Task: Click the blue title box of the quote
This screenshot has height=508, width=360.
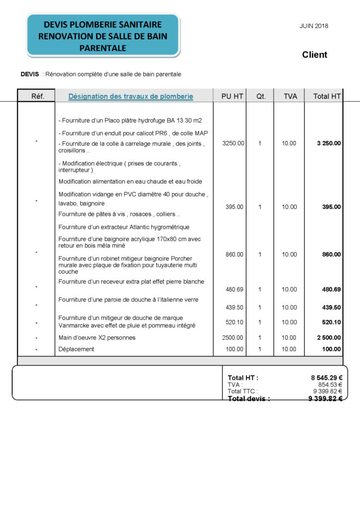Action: (103, 36)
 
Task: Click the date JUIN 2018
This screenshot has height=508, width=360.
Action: (314, 26)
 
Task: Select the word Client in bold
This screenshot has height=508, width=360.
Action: (314, 55)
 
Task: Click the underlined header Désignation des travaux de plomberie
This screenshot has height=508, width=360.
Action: (131, 96)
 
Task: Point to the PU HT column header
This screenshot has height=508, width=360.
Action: (232, 96)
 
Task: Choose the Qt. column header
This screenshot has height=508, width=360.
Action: (261, 96)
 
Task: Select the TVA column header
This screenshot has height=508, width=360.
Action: (290, 96)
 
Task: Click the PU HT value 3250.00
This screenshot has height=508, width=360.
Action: (233, 143)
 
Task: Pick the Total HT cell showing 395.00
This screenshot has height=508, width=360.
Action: (331, 207)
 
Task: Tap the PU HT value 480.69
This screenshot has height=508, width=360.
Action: (234, 289)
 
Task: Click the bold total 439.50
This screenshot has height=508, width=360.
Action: (331, 307)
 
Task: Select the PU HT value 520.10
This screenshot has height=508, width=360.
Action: (234, 322)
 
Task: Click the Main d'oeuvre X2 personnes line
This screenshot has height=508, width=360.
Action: (97, 337)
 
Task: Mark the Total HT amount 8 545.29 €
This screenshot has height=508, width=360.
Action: (326, 378)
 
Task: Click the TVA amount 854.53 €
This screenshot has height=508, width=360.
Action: (330, 384)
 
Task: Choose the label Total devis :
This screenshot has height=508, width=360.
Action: (249, 398)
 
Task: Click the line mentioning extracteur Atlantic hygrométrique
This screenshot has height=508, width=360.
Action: (124, 227)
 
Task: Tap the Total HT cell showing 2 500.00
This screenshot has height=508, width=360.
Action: (329, 337)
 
